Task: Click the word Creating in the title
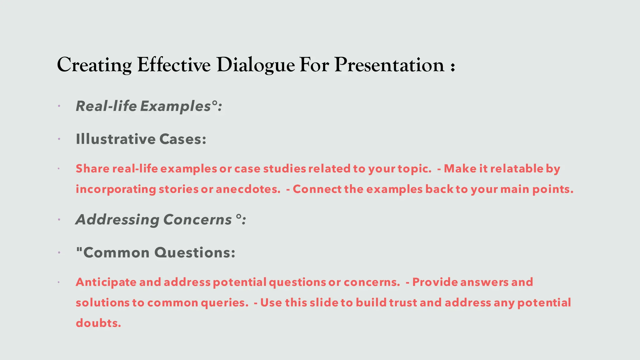(94, 65)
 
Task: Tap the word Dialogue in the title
(255, 65)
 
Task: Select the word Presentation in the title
(389, 65)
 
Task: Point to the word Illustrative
(115, 139)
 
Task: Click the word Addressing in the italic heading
(117, 220)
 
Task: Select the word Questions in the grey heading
(194, 252)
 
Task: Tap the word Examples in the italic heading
(175, 107)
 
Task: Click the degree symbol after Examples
(214, 102)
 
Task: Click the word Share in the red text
(92, 169)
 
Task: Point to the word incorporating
(116, 190)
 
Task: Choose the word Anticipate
(106, 282)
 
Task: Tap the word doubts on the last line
(98, 323)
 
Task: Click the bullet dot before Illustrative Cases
(59, 139)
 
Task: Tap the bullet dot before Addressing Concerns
(59, 220)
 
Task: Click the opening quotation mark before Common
(79, 249)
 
